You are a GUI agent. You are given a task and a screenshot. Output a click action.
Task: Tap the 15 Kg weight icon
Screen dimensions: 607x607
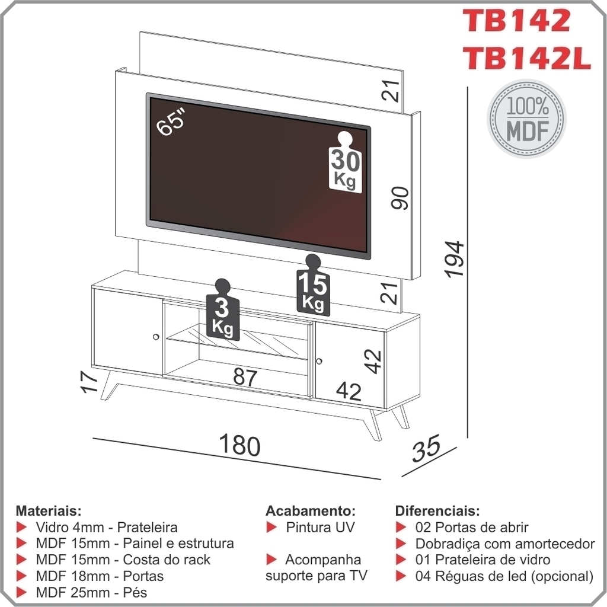click(x=313, y=285)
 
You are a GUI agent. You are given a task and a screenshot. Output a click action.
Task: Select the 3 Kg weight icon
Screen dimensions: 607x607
click(x=223, y=309)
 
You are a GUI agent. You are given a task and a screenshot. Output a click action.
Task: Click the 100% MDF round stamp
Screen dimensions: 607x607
click(x=527, y=119)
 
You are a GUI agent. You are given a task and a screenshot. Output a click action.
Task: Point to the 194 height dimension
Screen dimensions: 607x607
click(x=454, y=259)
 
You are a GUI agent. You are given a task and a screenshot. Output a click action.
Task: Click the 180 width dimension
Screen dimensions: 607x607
click(x=239, y=445)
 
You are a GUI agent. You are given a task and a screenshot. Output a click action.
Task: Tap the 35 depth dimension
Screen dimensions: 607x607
click(x=426, y=448)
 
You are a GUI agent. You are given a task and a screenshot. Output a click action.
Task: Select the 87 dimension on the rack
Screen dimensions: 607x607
click(x=245, y=376)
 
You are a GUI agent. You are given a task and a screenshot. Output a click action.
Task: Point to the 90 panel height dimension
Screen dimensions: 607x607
click(x=400, y=198)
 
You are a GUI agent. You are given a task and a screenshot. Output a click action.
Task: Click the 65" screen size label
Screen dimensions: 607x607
click(x=171, y=122)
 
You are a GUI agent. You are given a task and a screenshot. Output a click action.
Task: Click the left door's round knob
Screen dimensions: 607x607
click(x=156, y=337)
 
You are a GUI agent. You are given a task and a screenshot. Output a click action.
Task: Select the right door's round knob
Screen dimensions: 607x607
click(x=318, y=361)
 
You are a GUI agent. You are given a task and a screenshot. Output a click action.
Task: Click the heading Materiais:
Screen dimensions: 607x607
click(x=49, y=510)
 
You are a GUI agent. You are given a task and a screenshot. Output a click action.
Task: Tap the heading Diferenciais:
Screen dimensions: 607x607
click(x=437, y=510)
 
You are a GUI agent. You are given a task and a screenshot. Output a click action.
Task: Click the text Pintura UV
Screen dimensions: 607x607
click(x=320, y=527)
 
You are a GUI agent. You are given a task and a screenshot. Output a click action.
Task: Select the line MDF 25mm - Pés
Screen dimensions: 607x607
click(x=91, y=592)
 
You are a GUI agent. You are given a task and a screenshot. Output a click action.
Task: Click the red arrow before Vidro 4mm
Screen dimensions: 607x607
click(x=22, y=527)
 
